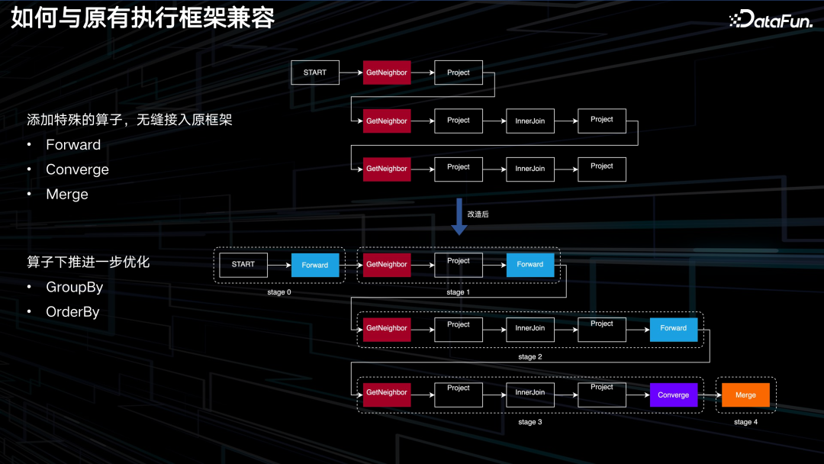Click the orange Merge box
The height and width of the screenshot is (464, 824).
point(745,395)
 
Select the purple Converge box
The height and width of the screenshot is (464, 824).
point(673,395)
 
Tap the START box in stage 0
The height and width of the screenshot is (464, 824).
point(243,265)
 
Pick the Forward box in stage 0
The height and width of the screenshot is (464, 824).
point(314,265)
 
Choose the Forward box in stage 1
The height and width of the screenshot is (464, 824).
point(529,264)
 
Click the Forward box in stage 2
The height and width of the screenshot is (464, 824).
point(673,328)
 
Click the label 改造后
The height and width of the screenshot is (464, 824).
point(478,214)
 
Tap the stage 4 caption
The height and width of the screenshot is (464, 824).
point(745,422)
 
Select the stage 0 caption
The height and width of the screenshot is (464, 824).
point(278,292)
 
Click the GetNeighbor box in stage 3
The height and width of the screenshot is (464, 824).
point(387,392)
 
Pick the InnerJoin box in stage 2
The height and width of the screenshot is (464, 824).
point(529,328)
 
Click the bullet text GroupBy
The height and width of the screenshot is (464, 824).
point(74,287)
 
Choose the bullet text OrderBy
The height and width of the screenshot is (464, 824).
point(72,311)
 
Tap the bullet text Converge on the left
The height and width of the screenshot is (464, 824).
point(77,169)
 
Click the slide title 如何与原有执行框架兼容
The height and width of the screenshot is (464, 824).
point(143,18)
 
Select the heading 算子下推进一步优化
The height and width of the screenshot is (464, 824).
point(89,262)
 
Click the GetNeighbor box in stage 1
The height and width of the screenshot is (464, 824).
point(387,264)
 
